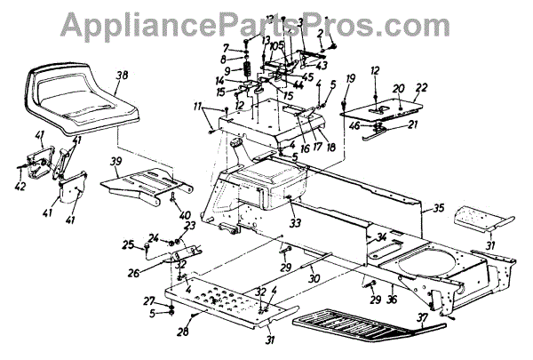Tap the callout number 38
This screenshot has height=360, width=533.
point(121,77)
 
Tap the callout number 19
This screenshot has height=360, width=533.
point(351,79)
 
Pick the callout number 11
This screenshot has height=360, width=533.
point(208,107)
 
